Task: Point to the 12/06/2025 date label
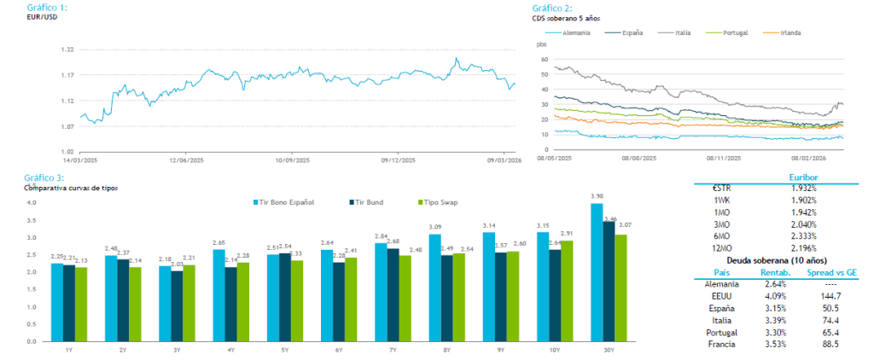tap(186, 160)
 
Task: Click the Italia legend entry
tap(682, 32)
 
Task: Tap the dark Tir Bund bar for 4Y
tap(230, 304)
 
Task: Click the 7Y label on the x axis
tap(394, 351)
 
